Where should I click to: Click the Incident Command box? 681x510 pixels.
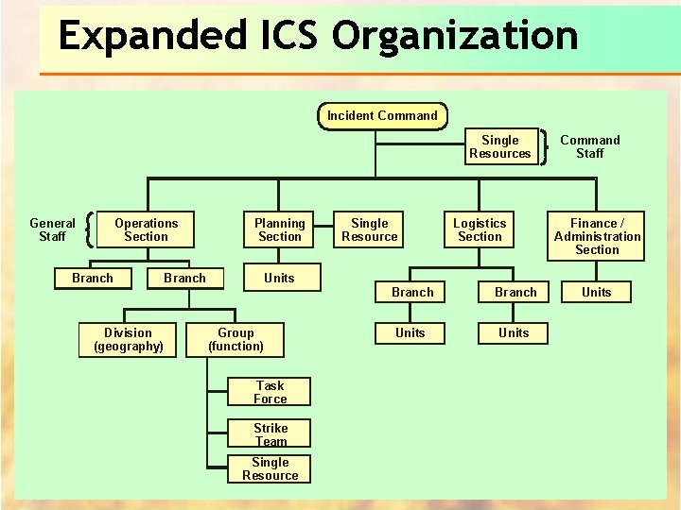click(382, 116)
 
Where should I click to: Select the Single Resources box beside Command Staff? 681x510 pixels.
click(500, 147)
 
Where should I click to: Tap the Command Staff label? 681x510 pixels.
click(590, 146)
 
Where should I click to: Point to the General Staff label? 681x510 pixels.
click(52, 229)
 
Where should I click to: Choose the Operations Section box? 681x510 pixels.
click(147, 230)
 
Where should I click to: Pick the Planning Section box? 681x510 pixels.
click(280, 230)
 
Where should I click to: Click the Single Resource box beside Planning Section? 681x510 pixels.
click(370, 230)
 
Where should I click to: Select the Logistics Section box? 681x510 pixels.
click(480, 230)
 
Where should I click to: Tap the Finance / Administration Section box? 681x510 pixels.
click(597, 236)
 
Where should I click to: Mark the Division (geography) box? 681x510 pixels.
click(129, 339)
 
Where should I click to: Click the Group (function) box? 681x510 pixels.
click(236, 339)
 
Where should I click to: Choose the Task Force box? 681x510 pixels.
click(270, 392)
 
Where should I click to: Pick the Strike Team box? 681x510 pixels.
click(271, 434)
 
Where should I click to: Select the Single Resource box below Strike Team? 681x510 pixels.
click(271, 468)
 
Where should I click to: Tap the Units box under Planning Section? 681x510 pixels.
click(279, 278)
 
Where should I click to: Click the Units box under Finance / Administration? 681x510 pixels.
click(597, 292)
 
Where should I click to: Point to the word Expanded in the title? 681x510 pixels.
click(151, 36)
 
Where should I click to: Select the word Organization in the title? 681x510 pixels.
click(455, 36)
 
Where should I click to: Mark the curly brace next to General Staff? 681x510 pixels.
click(88, 229)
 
